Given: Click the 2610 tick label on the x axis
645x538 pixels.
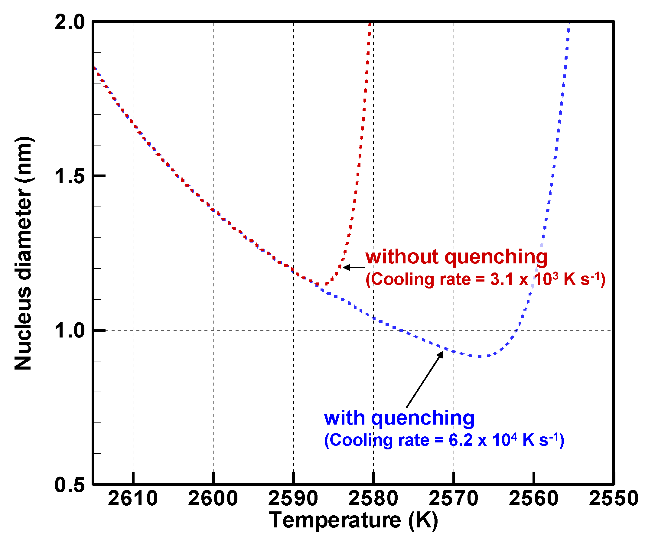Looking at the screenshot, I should pyautogui.click(x=133, y=498).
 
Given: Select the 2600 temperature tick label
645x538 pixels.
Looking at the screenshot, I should pyautogui.click(x=213, y=498).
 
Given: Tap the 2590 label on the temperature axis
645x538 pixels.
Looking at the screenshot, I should pyautogui.click(x=293, y=498).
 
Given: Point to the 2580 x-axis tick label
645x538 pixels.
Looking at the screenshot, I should pyautogui.click(x=373, y=498).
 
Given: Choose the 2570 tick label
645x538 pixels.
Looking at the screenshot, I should pyautogui.click(x=453, y=498).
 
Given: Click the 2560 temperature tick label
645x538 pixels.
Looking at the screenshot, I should pyautogui.click(x=533, y=498).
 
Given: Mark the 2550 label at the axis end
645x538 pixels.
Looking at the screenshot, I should pyautogui.click(x=614, y=498).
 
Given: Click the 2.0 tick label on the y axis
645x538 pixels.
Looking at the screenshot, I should pyautogui.click(x=70, y=22).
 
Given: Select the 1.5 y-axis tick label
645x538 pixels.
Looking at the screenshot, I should pyautogui.click(x=70, y=176).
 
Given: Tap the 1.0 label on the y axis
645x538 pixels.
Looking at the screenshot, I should pyautogui.click(x=70, y=331).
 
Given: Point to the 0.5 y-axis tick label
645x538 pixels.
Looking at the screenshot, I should pyautogui.click(x=70, y=485).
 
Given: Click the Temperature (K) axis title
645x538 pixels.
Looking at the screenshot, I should pyautogui.click(x=353, y=520).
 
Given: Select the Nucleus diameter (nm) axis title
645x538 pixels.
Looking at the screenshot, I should pyautogui.click(x=23, y=253).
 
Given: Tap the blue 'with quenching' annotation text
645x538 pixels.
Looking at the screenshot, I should pyautogui.click(x=399, y=418).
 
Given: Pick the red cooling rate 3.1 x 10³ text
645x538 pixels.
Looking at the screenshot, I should pyautogui.click(x=485, y=279).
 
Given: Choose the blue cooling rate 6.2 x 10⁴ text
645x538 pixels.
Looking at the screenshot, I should pyautogui.click(x=444, y=440).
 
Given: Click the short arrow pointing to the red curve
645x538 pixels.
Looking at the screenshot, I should pyautogui.click(x=354, y=267).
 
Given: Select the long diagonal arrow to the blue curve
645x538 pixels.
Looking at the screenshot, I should pyautogui.click(x=425, y=380).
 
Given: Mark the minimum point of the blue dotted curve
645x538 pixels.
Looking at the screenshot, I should pyautogui.click(x=479, y=357).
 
